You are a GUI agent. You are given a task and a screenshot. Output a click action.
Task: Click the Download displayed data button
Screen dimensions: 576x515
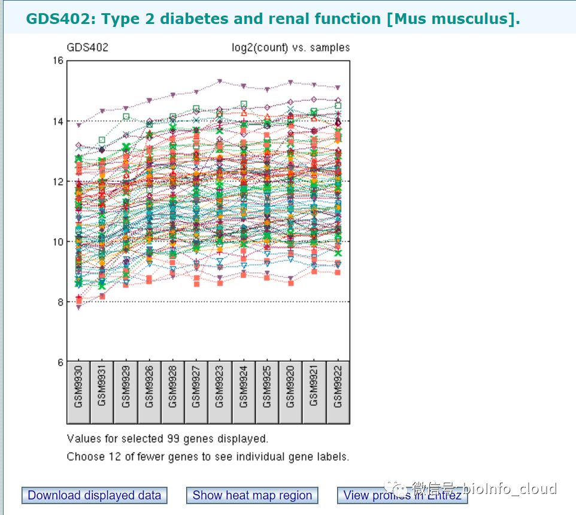tap(95, 495)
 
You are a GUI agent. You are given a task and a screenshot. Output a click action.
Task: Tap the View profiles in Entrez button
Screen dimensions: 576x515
tap(402, 495)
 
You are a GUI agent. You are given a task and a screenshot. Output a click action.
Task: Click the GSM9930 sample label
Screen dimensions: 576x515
tap(78, 387)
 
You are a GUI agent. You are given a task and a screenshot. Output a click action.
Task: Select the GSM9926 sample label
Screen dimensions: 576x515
tap(149, 387)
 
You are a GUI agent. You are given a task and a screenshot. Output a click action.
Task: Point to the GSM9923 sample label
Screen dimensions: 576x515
tap(220, 387)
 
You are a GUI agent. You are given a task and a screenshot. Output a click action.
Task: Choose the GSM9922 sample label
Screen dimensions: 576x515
tap(338, 387)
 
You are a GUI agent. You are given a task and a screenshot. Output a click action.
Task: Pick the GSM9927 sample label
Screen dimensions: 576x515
tap(196, 387)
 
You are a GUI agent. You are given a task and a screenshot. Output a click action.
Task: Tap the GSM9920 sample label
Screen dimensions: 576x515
tap(290, 387)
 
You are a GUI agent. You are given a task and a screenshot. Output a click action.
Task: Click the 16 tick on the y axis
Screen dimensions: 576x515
tap(59, 61)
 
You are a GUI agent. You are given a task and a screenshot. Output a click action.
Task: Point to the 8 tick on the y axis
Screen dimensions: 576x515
tap(60, 302)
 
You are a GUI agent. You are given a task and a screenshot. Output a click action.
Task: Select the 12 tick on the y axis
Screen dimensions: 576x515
tap(59, 181)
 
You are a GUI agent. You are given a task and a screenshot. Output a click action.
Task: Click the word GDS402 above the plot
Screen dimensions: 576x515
tap(87, 47)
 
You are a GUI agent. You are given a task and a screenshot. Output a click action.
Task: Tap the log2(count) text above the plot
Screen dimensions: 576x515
tap(260, 48)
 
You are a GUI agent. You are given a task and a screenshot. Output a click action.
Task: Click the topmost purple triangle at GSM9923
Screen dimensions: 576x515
tap(220, 81)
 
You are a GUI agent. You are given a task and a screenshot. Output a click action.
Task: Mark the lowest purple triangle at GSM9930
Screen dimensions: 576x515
tap(78, 308)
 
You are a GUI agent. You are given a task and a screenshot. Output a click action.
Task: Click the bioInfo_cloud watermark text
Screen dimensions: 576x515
tap(510, 488)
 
